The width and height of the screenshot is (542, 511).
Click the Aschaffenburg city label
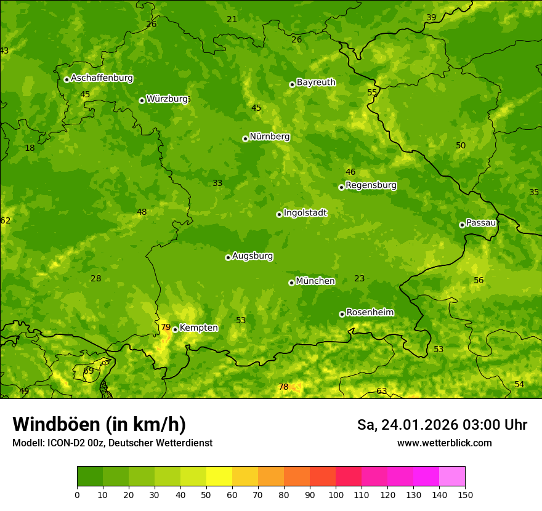pos(102,78)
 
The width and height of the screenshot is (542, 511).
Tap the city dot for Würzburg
pos(142,100)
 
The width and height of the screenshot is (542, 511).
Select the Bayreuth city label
pos(316,82)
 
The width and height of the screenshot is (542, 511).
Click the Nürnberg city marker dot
pos(245,139)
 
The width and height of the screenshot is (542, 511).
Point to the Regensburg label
pos(371,185)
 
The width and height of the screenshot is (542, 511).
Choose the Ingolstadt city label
pos(305,213)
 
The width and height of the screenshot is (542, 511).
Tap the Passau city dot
pos(462,225)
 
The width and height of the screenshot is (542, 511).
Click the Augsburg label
pos(253,256)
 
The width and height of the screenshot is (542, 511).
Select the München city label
pos(315,281)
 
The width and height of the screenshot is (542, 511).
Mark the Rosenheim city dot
pos(342,314)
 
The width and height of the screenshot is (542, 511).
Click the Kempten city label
pos(198,328)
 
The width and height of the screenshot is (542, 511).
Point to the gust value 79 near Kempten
pos(166,327)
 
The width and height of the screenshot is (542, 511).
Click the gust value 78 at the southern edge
pos(283,387)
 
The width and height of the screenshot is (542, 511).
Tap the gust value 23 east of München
pos(360,278)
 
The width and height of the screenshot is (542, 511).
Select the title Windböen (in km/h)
pos(99,424)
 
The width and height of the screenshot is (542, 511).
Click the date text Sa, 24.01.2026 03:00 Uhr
pos(442,425)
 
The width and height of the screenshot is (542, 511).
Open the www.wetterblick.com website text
pos(444,443)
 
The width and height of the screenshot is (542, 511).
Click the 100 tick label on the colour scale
pos(336,494)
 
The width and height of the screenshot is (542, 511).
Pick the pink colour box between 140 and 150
pos(452,477)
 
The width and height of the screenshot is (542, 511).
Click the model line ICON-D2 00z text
pos(112,443)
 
